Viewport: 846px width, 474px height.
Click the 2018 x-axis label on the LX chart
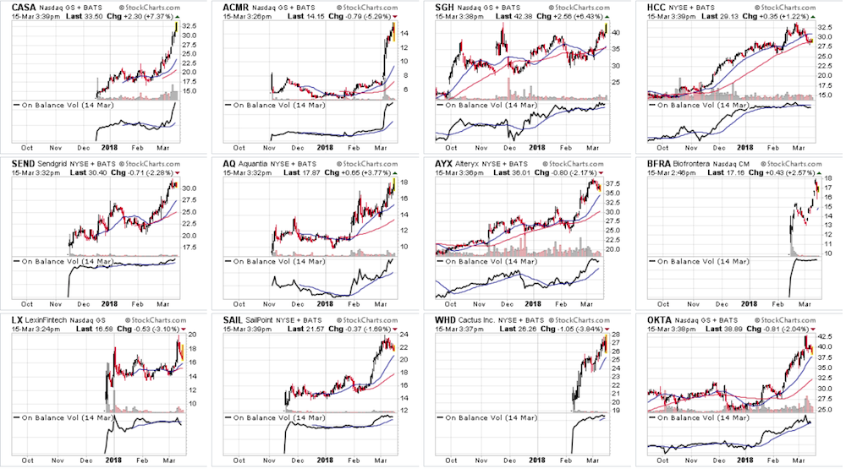point(109,460)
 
